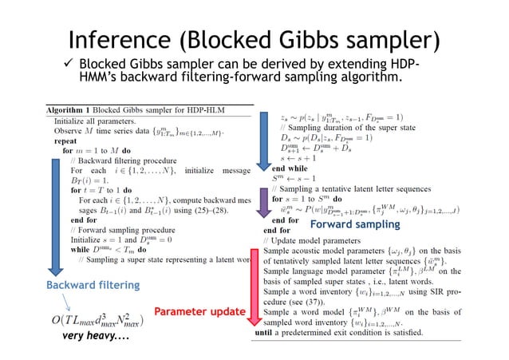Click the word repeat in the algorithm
point(66,138)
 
